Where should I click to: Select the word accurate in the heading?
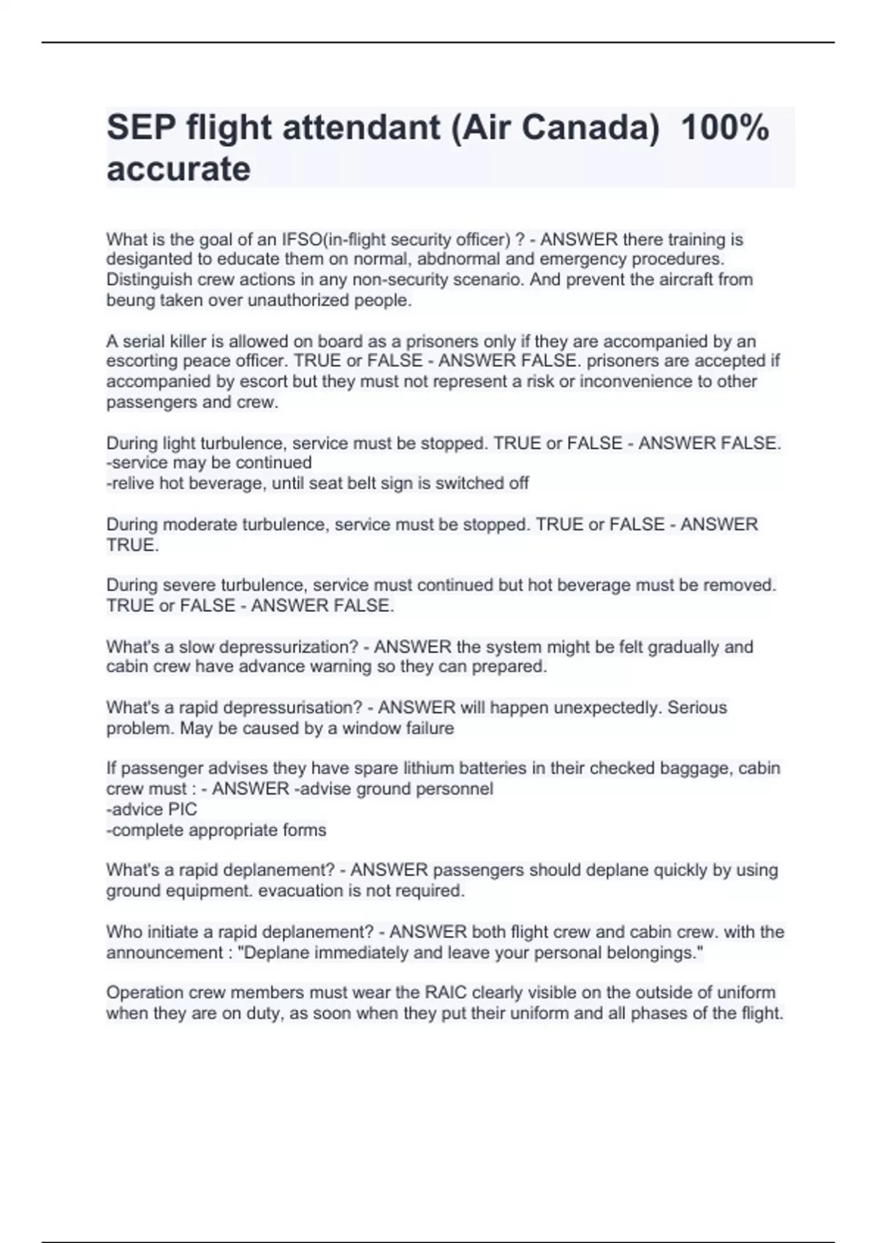click(178, 169)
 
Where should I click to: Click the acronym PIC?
click(183, 809)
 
